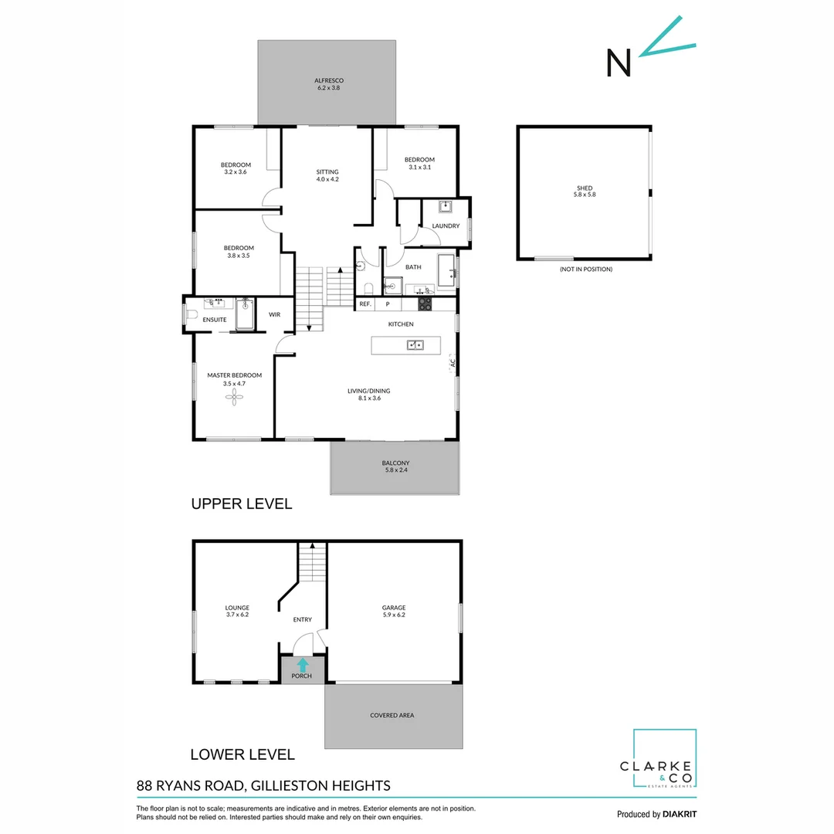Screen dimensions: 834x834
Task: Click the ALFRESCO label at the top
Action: click(x=328, y=84)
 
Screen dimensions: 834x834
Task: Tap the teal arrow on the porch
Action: click(x=302, y=663)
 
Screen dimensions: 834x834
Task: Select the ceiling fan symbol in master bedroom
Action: click(x=235, y=397)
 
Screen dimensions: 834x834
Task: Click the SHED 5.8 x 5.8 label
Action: click(x=584, y=192)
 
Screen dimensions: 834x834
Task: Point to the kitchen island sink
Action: click(x=415, y=345)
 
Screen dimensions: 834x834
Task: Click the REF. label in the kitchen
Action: click(x=365, y=304)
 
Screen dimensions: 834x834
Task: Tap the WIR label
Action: click(x=274, y=315)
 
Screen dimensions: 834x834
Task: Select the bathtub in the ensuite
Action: click(x=245, y=316)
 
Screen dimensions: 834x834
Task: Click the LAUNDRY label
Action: click(x=446, y=226)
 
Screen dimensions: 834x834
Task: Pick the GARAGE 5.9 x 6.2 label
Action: click(x=394, y=611)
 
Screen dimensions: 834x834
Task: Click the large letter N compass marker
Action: click(x=619, y=63)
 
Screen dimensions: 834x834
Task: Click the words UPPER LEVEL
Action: click(x=241, y=504)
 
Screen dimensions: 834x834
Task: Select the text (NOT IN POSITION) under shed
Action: click(x=585, y=270)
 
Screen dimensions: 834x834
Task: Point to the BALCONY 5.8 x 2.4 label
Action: click(x=395, y=466)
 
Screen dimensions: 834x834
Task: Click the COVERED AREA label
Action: click(x=392, y=715)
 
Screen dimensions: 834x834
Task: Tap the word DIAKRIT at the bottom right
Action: click(x=680, y=814)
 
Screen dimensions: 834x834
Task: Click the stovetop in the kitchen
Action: click(x=424, y=305)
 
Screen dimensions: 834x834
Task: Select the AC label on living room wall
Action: click(x=453, y=361)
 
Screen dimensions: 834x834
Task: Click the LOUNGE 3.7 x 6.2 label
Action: click(x=237, y=611)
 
